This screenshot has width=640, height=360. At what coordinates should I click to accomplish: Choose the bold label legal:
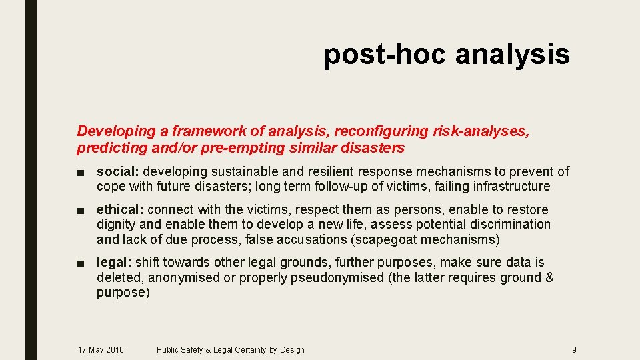(114, 262)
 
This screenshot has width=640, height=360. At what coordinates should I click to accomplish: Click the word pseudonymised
(337, 277)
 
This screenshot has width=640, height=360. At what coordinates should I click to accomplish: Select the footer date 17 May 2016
(101, 349)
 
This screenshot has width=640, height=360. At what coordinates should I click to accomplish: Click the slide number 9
(574, 349)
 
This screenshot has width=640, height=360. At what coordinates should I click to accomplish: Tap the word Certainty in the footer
(245, 349)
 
